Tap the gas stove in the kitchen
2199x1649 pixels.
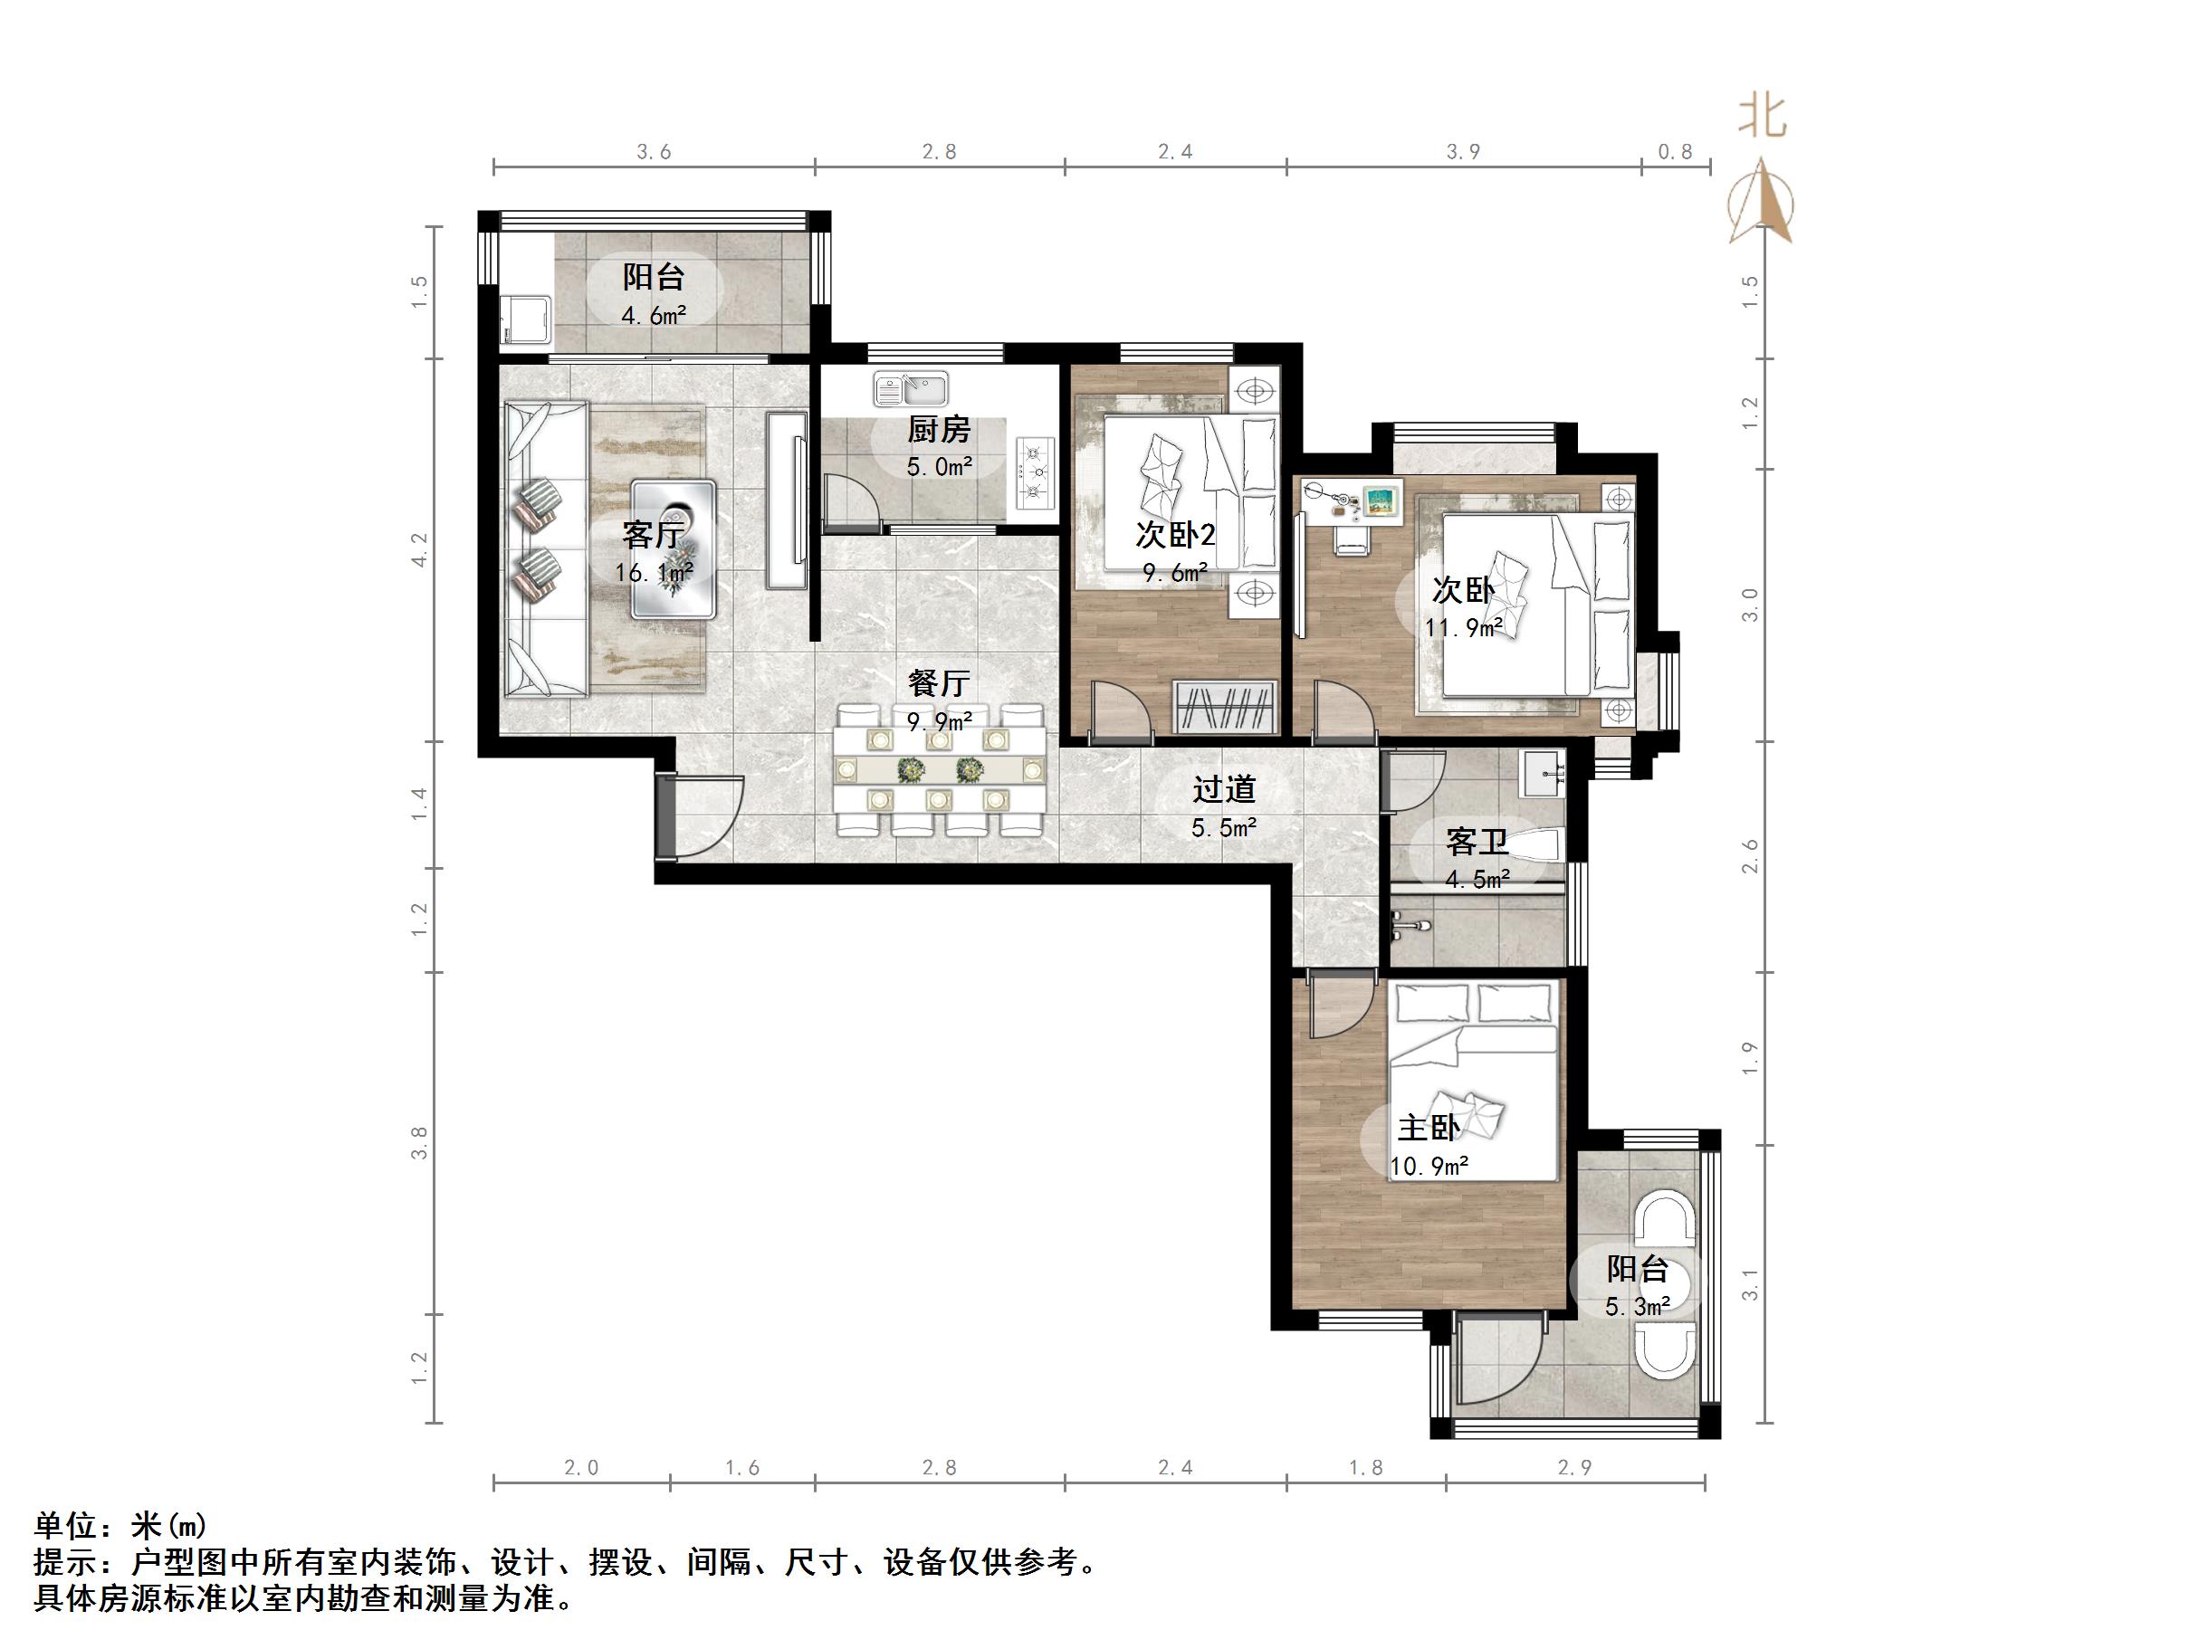pyautogui.click(x=1035, y=474)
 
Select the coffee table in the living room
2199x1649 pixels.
pyautogui.click(x=673, y=549)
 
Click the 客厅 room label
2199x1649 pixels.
pyautogui.click(x=653, y=535)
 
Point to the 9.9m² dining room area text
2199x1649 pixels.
pyautogui.click(x=939, y=721)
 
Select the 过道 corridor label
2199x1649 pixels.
pyautogui.click(x=1224, y=789)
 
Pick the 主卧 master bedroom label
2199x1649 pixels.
pyautogui.click(x=1429, y=1129)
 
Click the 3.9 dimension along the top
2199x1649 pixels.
pyautogui.click(x=1462, y=152)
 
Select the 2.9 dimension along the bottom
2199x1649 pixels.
pyautogui.click(x=1574, y=1468)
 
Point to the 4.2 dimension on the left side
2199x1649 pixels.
pyautogui.click(x=419, y=549)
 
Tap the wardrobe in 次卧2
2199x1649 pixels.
pyautogui.click(x=1225, y=707)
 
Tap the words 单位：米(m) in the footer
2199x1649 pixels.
pyautogui.click(x=120, y=1525)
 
